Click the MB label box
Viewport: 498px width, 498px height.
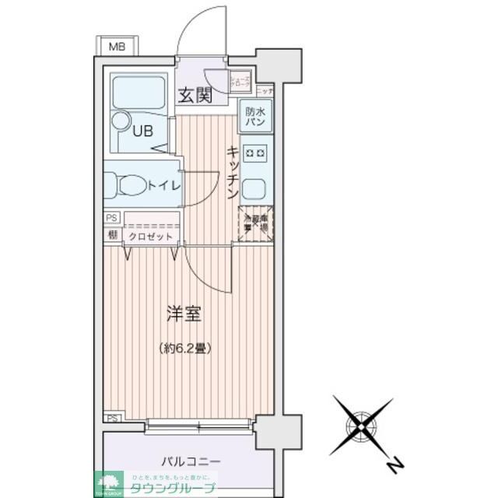[x=116, y=47]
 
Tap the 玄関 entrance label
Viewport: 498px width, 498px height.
[x=195, y=96]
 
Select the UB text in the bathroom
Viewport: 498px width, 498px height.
[x=142, y=132]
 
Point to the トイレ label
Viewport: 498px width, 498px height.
[x=164, y=186]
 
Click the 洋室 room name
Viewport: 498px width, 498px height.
[x=184, y=314]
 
